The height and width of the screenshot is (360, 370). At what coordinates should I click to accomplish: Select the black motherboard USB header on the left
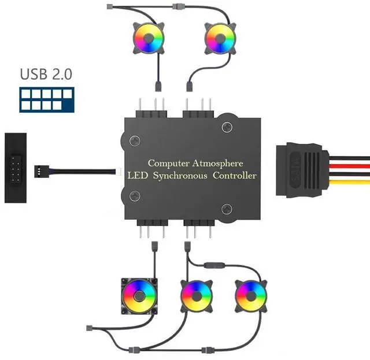(15, 168)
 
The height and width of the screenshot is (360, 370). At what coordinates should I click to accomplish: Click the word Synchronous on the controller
(181, 175)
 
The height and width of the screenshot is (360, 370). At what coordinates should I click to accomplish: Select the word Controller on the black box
(234, 175)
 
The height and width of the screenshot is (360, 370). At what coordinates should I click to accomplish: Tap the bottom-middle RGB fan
(196, 295)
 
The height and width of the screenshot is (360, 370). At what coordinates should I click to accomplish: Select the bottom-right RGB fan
(251, 295)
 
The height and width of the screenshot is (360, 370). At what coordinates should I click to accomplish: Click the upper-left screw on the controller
(135, 140)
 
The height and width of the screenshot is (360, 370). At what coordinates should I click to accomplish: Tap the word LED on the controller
(138, 175)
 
